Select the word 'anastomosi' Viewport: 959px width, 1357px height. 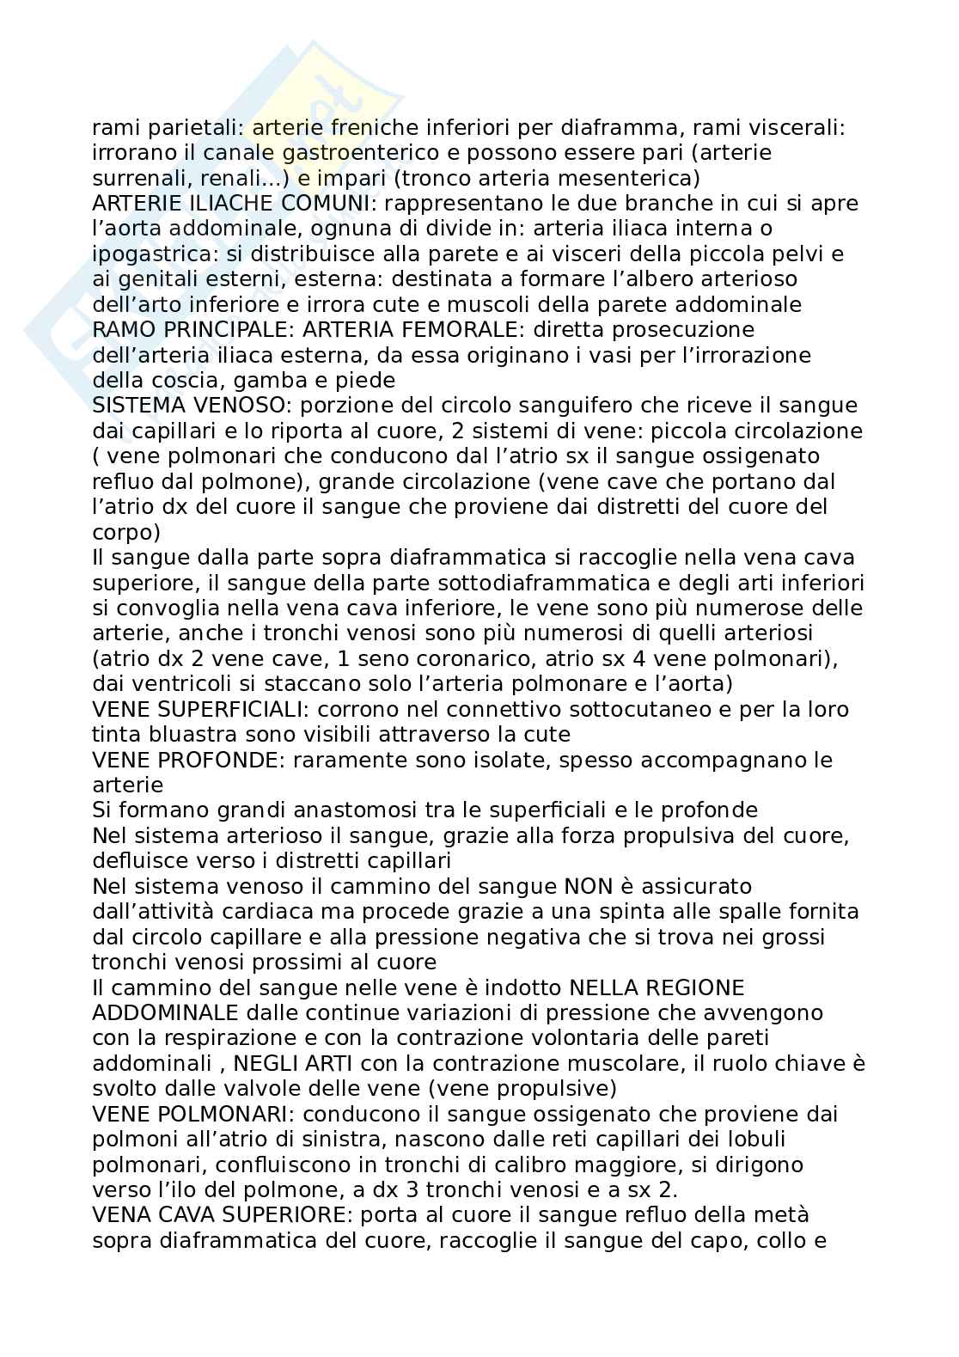coord(360,810)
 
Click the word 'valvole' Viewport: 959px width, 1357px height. coord(243,1089)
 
